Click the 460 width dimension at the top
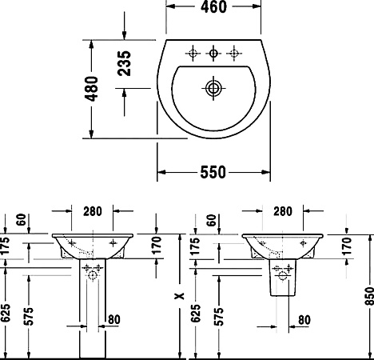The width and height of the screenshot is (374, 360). pyautogui.click(x=213, y=8)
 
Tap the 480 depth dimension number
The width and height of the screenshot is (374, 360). pyautogui.click(x=93, y=88)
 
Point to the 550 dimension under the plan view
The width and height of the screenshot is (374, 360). pyautogui.click(x=212, y=172)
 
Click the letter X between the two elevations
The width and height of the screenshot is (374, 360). pyautogui.click(x=181, y=296)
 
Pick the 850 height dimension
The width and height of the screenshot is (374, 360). pyautogui.click(x=366, y=296)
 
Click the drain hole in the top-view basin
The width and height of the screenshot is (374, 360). pyautogui.click(x=213, y=86)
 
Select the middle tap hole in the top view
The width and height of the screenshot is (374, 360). pyautogui.click(x=213, y=54)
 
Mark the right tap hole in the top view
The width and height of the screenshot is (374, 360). pyautogui.click(x=234, y=54)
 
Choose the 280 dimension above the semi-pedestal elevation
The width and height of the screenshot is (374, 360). pyautogui.click(x=282, y=211)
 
